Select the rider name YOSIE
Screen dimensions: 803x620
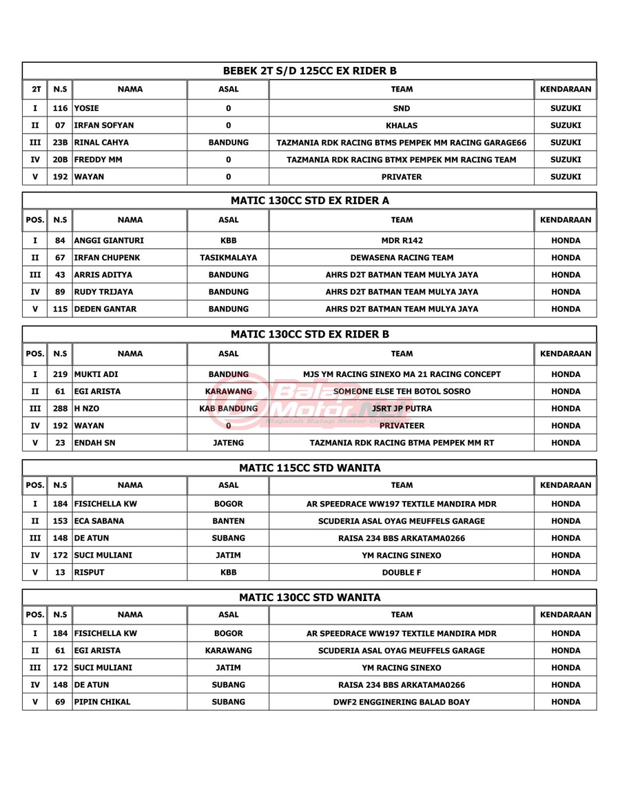[87, 108]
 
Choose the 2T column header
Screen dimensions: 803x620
[36, 90]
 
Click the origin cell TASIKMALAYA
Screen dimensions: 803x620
[228, 258]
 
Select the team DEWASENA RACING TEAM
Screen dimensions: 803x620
[402, 258]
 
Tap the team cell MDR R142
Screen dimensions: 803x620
[402, 241]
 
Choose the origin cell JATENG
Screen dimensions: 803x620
[228, 442]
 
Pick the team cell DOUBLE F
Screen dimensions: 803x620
[402, 572]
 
